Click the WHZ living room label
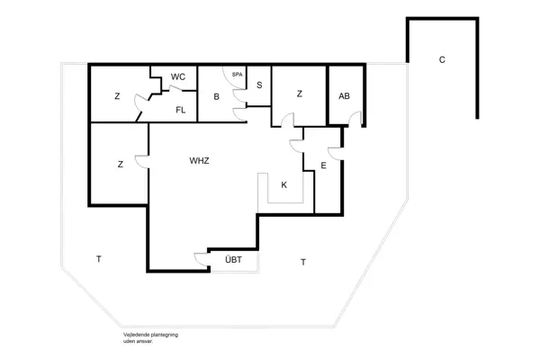pos(200,162)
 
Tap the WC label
pos(178,77)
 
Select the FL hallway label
pos(180,111)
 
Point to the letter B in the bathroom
pos(217,96)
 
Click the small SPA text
pos(238,74)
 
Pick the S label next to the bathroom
pos(259,85)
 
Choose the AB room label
pos(344,96)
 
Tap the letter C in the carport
pos(442,60)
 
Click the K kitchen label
pos(283,184)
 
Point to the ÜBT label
pos(233,262)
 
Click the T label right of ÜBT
pos(303,262)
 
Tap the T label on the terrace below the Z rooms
pos(98,259)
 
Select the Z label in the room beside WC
pos(117,96)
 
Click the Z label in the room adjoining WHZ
pos(119,165)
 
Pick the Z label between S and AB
pos(299,93)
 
